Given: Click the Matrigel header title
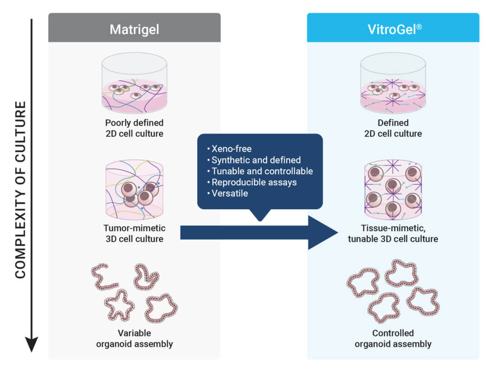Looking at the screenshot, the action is (135, 30).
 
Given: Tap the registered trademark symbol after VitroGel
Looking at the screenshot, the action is (419, 27).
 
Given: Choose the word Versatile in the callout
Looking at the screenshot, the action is (229, 193).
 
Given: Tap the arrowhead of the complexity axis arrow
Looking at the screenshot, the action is (32, 344).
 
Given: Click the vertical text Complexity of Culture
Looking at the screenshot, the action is (20, 190).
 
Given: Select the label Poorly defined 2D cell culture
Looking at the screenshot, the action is (135, 128).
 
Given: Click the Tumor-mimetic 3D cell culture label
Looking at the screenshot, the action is (135, 233).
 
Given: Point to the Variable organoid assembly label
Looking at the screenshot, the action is (135, 339).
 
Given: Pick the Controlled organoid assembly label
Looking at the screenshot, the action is (393, 339).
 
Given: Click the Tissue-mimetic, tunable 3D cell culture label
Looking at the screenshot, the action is (393, 233).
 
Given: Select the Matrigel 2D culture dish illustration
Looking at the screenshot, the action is (135, 83).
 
